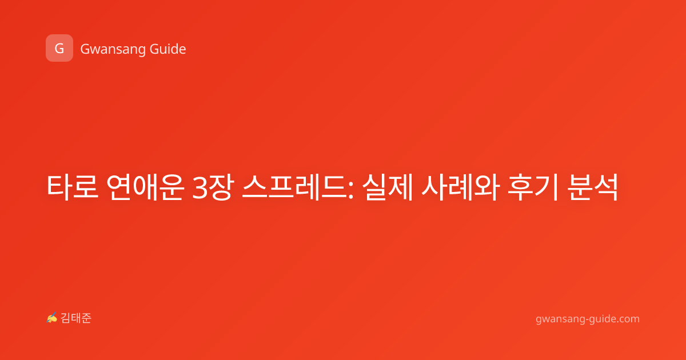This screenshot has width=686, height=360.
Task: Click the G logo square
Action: [x=59, y=48]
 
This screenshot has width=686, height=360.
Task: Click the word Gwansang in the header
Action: [x=113, y=49]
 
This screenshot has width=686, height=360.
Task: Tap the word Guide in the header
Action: [x=168, y=49]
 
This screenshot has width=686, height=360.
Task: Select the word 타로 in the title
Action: [x=72, y=187]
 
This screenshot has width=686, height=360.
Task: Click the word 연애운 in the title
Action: [x=145, y=187]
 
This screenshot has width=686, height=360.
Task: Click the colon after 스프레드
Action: [x=351, y=190]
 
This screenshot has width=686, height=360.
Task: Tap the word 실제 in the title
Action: [x=388, y=187]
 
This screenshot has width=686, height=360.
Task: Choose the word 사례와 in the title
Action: [x=461, y=187]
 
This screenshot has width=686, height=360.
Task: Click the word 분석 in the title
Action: [x=593, y=187]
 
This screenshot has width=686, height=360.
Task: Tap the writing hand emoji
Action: [x=52, y=318]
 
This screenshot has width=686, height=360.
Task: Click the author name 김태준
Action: [x=76, y=318]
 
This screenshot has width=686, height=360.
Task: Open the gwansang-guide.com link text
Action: [x=588, y=319]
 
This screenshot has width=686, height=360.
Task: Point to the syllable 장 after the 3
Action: [x=221, y=187]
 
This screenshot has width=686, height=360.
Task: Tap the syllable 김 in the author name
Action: [x=66, y=318]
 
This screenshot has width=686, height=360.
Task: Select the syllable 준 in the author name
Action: [x=86, y=318]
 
